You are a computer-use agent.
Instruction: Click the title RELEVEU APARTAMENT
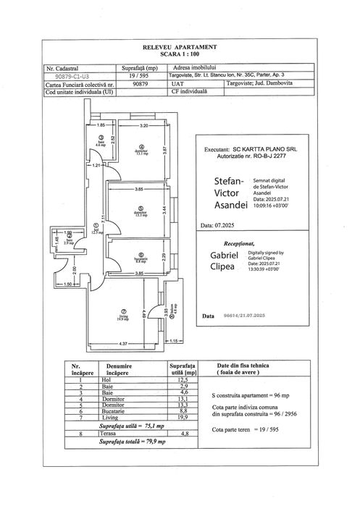click(x=179, y=45)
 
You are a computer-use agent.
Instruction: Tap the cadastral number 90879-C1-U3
click(x=72, y=75)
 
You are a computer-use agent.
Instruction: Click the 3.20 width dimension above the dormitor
click(x=143, y=126)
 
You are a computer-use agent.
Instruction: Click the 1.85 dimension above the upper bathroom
click(x=101, y=126)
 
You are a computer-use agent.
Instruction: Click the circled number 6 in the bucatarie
click(x=142, y=254)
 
